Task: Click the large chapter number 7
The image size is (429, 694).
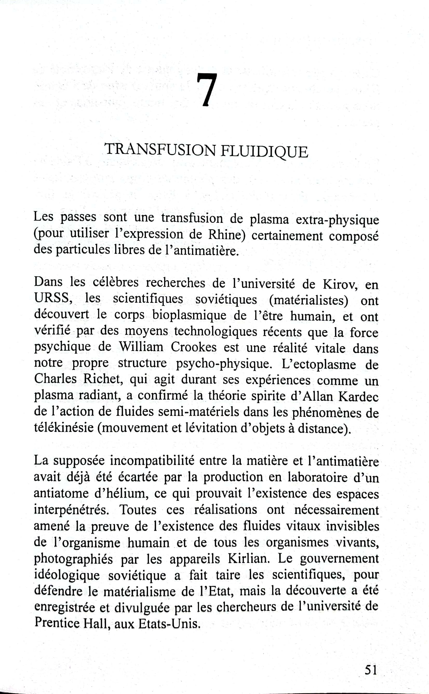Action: point(207,90)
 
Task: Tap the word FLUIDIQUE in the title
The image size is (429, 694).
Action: point(264,151)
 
